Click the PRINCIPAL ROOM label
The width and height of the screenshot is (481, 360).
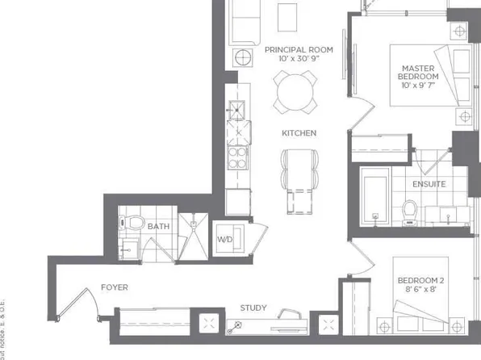click(x=298, y=49)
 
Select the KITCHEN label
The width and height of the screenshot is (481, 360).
click(x=298, y=133)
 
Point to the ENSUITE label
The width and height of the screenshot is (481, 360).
click(x=428, y=184)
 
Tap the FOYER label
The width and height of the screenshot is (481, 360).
click(x=114, y=287)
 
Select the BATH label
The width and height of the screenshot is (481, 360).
click(x=158, y=227)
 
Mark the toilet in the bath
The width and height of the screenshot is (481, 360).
click(x=134, y=222)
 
